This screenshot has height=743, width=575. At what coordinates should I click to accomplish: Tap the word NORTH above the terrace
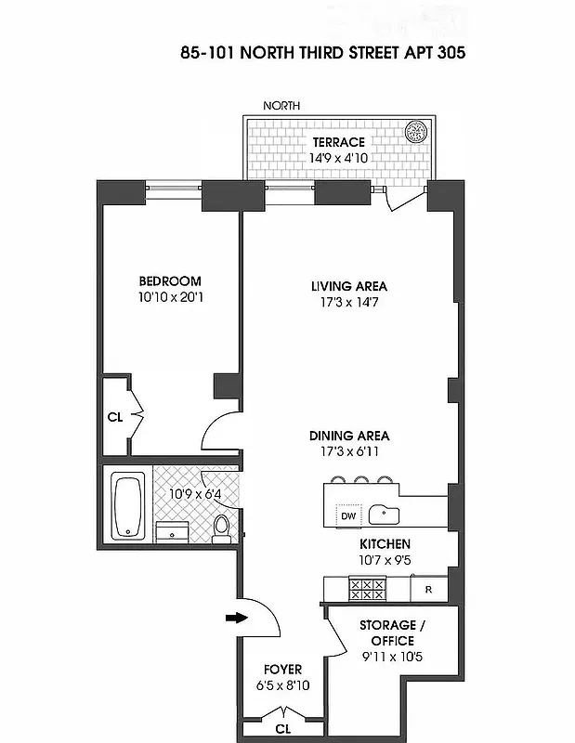point(281,106)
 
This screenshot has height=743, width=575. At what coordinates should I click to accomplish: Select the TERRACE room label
point(338,142)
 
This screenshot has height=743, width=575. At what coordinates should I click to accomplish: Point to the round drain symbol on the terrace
point(418,129)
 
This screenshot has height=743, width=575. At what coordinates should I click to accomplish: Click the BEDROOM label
point(170,281)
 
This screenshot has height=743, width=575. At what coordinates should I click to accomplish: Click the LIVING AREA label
point(349,286)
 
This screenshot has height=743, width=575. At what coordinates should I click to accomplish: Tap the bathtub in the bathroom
point(127,506)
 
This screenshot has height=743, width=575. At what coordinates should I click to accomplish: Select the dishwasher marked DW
point(348,515)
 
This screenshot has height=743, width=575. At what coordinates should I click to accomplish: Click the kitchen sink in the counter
point(384,514)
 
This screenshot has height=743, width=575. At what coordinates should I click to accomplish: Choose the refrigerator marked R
point(428,589)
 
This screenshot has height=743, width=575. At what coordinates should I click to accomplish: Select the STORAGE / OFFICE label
point(386,632)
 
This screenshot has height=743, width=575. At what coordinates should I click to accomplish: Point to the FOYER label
point(282,670)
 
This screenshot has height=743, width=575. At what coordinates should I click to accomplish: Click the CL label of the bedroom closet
point(114,418)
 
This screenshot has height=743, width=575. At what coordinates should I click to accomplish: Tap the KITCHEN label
point(386,544)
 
